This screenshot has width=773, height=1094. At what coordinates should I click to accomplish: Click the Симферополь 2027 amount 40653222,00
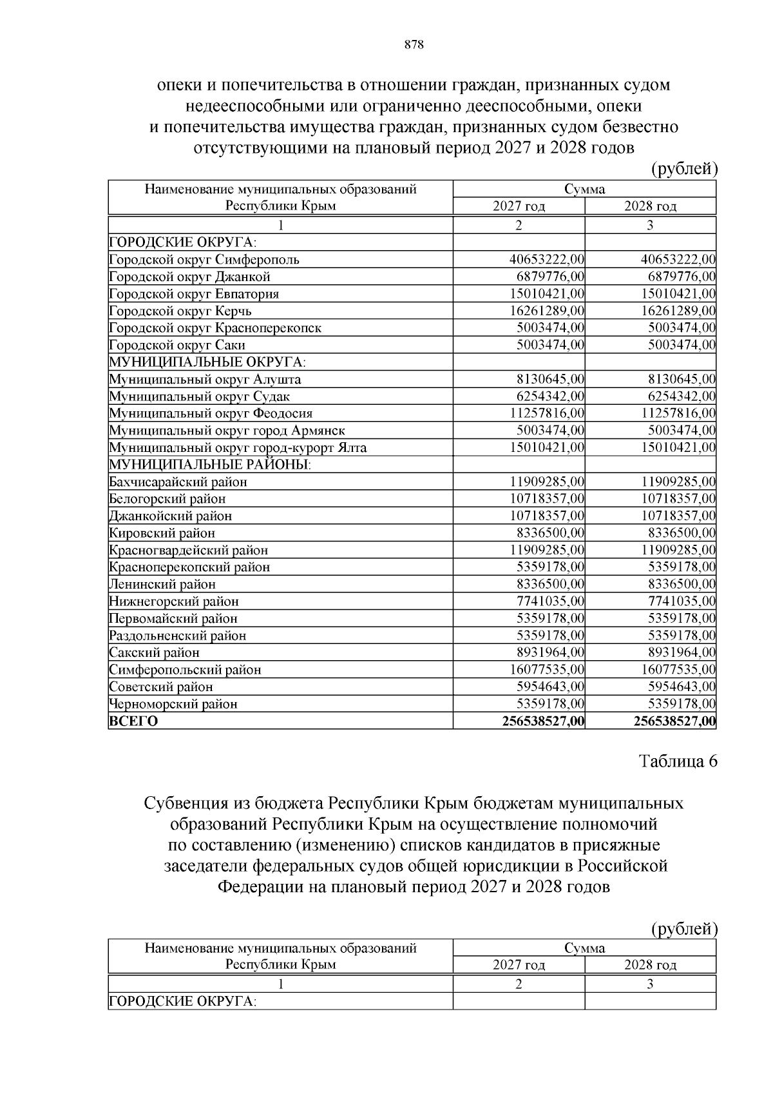547,260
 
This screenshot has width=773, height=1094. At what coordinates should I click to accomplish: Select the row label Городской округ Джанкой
189,277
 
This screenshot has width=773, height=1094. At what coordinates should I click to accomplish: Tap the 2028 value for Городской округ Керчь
678,311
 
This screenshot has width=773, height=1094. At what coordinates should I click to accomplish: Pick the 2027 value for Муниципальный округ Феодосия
547,413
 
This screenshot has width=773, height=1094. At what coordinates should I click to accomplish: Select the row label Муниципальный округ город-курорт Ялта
238,447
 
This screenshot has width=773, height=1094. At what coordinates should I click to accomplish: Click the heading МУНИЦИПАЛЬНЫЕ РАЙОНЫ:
210,465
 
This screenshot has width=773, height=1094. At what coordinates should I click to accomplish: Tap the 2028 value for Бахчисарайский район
678,482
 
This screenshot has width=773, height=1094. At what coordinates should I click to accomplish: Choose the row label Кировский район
162,533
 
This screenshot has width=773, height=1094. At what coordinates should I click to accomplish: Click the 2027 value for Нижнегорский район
551,601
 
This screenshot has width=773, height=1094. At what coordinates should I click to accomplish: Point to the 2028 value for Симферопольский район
678,670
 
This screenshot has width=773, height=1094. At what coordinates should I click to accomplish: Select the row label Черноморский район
173,704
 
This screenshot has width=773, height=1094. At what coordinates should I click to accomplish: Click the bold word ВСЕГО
133,721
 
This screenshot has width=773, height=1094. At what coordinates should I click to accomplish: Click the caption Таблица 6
678,761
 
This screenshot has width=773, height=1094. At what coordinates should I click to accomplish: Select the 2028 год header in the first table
650,206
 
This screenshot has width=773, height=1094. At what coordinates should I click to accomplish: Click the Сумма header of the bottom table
584,948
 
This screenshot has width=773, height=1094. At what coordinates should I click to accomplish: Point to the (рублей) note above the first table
684,169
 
